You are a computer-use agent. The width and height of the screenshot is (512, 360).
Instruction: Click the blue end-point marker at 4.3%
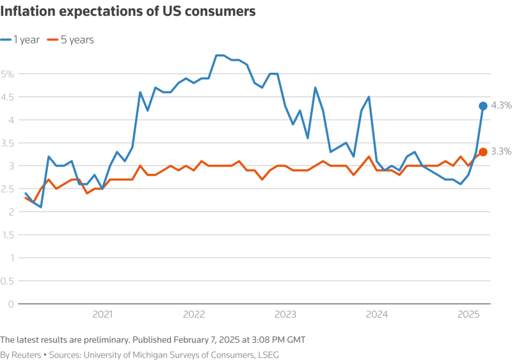(483, 106)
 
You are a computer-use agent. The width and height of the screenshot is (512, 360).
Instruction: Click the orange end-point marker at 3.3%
(483, 152)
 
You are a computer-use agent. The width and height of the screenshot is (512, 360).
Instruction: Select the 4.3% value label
(501, 106)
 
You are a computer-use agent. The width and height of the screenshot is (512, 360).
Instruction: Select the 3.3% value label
(501, 152)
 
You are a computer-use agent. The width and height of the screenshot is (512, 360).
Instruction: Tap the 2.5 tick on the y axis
(6, 189)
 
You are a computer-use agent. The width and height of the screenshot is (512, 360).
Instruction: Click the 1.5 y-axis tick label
(6, 235)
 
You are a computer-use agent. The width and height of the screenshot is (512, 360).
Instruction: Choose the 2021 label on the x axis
(102, 314)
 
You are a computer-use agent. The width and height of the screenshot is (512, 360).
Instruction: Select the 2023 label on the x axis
(285, 314)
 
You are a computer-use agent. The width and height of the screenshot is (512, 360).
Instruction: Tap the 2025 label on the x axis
(469, 314)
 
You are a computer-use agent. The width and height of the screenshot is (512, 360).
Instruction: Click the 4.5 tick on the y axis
(6, 97)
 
